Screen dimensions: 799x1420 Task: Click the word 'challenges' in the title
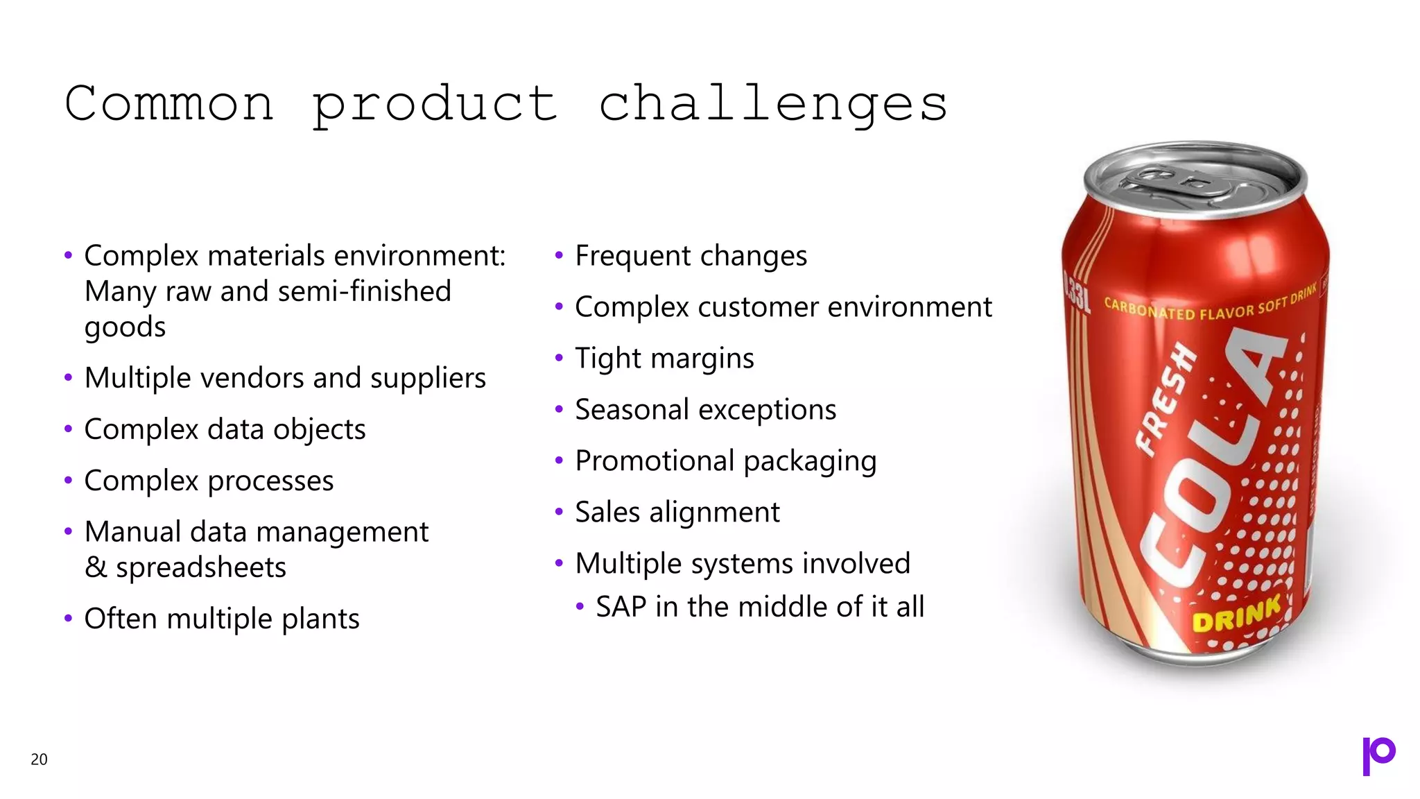click(x=772, y=104)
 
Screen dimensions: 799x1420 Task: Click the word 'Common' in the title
click(x=169, y=104)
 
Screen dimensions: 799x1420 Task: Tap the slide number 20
click(x=39, y=759)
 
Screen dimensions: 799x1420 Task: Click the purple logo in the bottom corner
click(x=1378, y=755)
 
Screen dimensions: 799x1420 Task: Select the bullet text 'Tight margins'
click(x=664, y=359)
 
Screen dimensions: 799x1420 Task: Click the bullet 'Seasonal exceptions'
click(x=705, y=410)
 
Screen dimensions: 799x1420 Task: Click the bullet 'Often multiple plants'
click(x=221, y=619)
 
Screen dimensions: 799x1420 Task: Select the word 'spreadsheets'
click(x=200, y=568)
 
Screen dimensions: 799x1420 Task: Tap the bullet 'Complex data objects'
click(x=225, y=429)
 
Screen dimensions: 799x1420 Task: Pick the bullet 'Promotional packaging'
click(x=725, y=461)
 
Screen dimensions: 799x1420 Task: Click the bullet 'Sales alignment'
click(x=677, y=513)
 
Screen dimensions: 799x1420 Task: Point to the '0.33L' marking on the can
click(x=1076, y=292)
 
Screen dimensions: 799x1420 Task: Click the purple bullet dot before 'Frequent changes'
click(x=559, y=255)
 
